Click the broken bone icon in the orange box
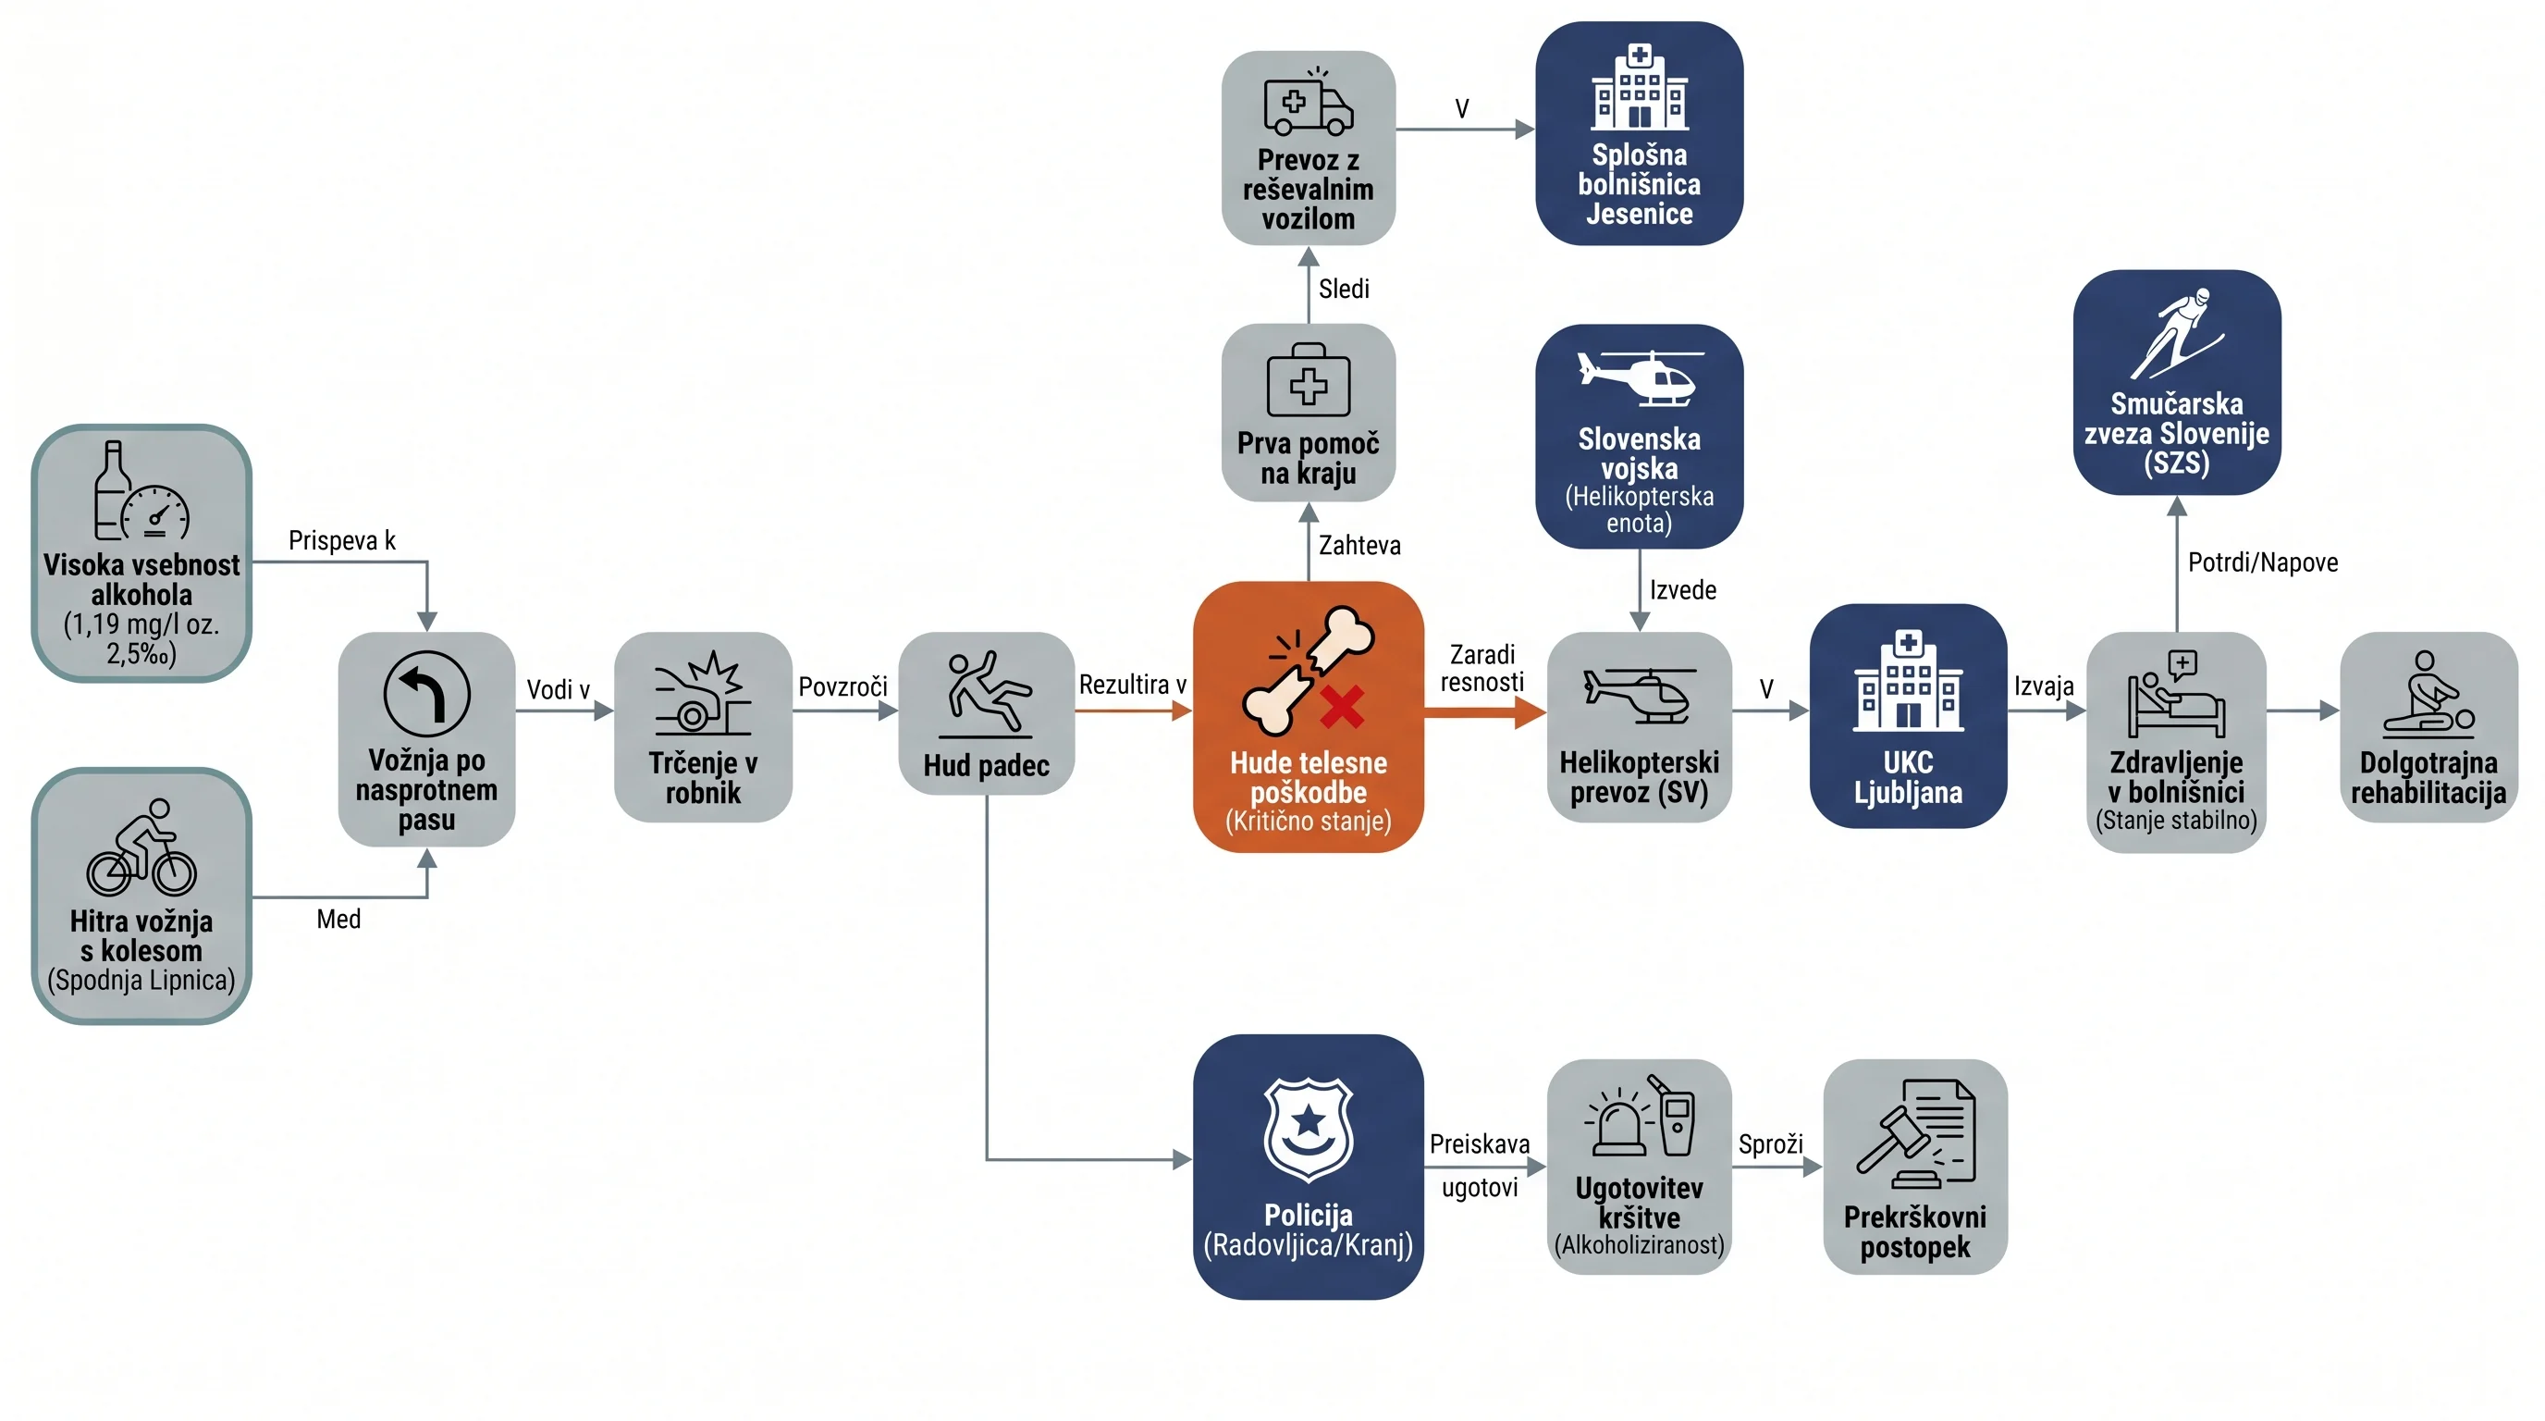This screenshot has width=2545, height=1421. pyautogui.click(x=1307, y=670)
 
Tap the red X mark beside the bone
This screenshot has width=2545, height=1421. pyautogui.click(x=1341, y=708)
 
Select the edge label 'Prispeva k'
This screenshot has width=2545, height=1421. pyautogui.click(x=342, y=540)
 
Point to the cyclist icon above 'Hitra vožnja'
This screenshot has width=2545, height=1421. pyautogui.click(x=141, y=846)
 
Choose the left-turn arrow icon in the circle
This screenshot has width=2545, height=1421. pyautogui.click(x=427, y=694)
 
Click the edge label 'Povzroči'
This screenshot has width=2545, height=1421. pyautogui.click(x=842, y=686)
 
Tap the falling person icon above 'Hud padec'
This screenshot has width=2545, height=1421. pyautogui.click(x=986, y=695)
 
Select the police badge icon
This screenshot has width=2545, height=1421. pyautogui.click(x=1308, y=1130)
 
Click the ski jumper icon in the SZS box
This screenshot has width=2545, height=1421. pyautogui.click(x=2177, y=333)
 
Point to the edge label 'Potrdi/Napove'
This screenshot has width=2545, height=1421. pyautogui.click(x=2262, y=562)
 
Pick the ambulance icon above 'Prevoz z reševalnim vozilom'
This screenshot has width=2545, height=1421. pyautogui.click(x=1308, y=102)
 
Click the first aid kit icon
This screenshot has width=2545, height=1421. pyautogui.click(x=1308, y=380)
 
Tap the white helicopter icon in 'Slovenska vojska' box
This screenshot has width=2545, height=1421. pyautogui.click(x=1639, y=377)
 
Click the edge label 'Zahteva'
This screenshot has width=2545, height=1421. pyautogui.click(x=1359, y=546)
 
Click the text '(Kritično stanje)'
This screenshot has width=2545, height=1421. pyautogui.click(x=1308, y=822)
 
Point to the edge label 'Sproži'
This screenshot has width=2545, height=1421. pyautogui.click(x=1770, y=1144)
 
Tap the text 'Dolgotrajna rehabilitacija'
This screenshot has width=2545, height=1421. pyautogui.click(x=2428, y=778)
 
